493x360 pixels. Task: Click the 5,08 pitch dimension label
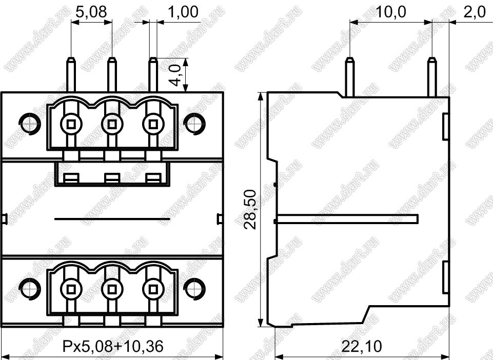point(91,12)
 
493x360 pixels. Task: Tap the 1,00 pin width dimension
point(183,12)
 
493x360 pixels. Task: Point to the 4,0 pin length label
point(176,75)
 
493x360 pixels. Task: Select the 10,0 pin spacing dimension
point(391,12)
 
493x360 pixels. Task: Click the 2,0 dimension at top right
point(475,12)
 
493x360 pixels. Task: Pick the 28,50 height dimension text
point(251,209)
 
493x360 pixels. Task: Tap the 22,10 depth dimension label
point(362,346)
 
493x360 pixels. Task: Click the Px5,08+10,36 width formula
point(113,346)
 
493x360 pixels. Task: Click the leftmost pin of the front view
point(71,75)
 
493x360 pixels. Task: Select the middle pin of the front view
point(112,75)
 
